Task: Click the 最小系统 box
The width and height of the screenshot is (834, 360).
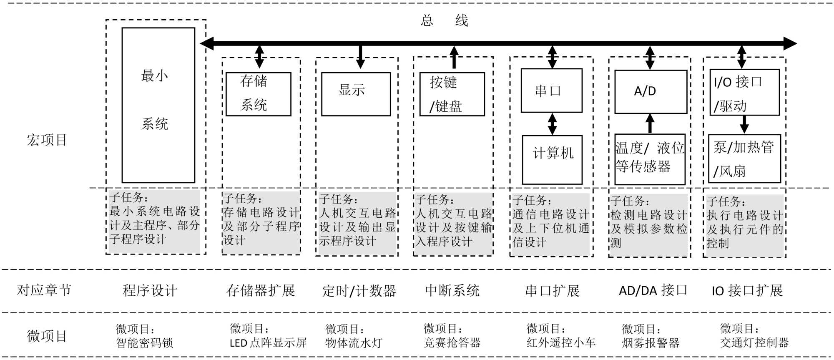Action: [x=158, y=105]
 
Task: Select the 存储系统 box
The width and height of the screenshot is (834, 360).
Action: [x=258, y=94]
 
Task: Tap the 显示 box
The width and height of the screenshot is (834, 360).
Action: [x=356, y=94]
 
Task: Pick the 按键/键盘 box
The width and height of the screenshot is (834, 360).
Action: [x=452, y=94]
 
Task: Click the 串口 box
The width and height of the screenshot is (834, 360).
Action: [x=551, y=91]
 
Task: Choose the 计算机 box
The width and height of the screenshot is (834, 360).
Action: [x=552, y=160]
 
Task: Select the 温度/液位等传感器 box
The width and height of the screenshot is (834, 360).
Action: [x=650, y=159]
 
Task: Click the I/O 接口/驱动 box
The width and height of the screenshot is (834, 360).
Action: [x=745, y=92]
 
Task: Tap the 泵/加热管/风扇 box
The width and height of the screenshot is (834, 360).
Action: [x=744, y=159]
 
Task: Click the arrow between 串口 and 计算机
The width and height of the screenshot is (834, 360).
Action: [x=552, y=124]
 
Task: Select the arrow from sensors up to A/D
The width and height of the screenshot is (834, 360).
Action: [x=650, y=123]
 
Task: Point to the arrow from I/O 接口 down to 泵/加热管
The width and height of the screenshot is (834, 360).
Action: [x=744, y=124]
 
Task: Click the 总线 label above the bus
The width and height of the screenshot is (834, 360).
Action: [x=445, y=20]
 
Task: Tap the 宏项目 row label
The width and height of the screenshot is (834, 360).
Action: [x=47, y=140]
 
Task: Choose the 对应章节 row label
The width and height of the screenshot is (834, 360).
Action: [x=44, y=290]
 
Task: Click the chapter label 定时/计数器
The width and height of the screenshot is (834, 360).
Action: [x=359, y=291]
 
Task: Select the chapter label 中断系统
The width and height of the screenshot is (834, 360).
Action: [x=452, y=290]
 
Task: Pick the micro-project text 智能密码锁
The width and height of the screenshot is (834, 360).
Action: [x=144, y=343]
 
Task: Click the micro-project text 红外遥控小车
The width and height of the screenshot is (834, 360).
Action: [x=561, y=342]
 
